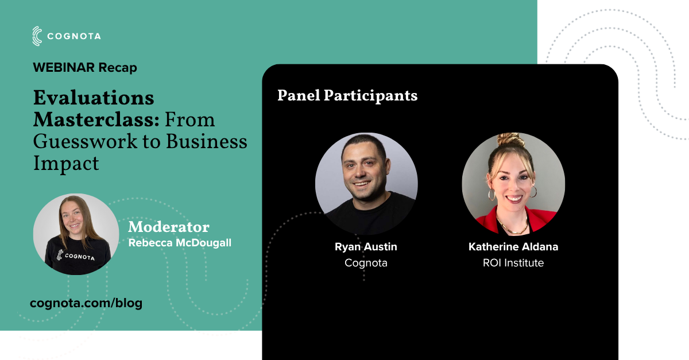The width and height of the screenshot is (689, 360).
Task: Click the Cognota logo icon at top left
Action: [37, 36]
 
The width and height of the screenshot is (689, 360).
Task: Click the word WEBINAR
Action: [64, 67]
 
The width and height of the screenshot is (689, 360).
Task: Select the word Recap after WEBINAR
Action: [118, 68]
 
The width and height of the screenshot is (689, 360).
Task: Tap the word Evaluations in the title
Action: [94, 98]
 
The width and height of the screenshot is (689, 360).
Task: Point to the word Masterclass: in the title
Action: [96, 119]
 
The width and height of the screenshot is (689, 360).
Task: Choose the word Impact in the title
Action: [66, 164]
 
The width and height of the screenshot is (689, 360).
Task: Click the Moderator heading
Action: [169, 227]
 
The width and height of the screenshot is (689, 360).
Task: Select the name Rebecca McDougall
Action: [180, 243]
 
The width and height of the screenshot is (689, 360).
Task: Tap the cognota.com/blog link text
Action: [86, 303]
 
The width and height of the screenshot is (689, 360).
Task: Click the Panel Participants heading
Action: [347, 95]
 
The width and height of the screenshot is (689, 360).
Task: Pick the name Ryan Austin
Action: [366, 247]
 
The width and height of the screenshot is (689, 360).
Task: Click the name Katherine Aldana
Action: [513, 247]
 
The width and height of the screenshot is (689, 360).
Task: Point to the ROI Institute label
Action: [513, 263]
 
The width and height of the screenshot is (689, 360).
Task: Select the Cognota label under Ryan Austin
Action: [366, 264]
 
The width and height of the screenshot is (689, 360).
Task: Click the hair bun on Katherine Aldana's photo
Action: [510, 140]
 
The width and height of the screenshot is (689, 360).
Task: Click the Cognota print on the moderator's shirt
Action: [76, 256]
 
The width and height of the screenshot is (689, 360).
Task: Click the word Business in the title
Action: [207, 142]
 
